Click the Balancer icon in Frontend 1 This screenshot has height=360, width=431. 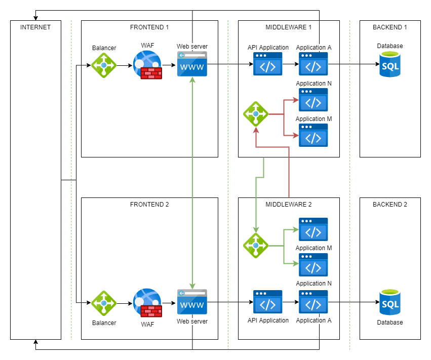(104, 65)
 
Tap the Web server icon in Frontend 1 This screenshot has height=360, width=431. (192, 64)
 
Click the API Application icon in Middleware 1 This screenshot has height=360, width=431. (268, 64)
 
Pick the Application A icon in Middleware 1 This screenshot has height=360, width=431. (314, 64)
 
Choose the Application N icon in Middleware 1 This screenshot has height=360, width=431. (314, 100)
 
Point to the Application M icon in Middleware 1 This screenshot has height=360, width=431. (314, 135)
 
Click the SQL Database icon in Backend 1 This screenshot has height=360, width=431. (389, 64)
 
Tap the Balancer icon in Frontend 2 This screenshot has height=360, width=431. (104, 303)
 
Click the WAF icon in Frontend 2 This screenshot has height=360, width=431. (147, 303)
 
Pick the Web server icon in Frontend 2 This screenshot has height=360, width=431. (192, 303)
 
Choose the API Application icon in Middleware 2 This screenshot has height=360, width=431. (268, 303)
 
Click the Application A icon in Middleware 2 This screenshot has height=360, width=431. (314, 303)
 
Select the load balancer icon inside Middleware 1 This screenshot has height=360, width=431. (256, 114)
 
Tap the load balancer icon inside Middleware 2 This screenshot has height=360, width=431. (256, 246)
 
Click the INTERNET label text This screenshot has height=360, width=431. (35, 27)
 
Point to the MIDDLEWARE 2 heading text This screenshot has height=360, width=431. (289, 205)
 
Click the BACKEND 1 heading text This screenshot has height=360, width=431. (389, 27)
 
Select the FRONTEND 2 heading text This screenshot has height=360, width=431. (149, 205)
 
